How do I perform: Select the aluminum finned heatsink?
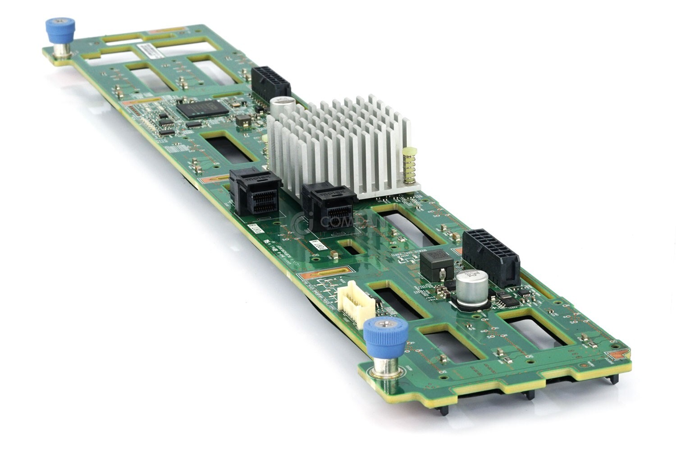pos(343,144)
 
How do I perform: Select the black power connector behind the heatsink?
pos(270,84)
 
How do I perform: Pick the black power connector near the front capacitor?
pos(491,257)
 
